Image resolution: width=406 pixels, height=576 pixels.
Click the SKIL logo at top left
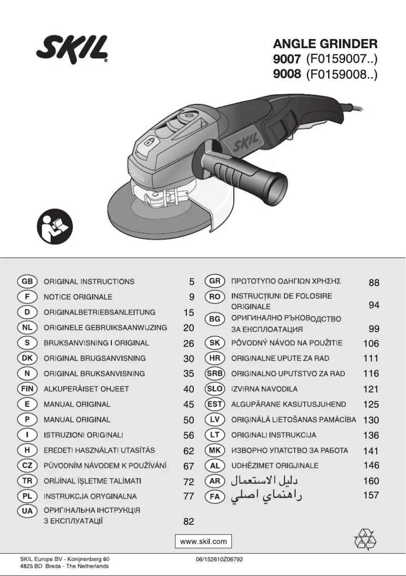click(72, 49)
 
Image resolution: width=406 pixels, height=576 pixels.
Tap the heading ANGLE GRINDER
click(325, 44)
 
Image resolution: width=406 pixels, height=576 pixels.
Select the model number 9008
click(287, 76)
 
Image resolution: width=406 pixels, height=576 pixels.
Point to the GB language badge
click(27, 281)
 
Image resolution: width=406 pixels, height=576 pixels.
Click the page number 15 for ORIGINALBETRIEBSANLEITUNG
click(188, 312)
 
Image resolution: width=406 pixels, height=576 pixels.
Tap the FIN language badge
click(27, 389)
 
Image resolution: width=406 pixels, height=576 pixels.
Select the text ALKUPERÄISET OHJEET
click(86, 389)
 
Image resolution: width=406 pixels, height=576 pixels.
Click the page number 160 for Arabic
click(371, 481)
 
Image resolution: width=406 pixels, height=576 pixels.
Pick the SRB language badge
click(215, 374)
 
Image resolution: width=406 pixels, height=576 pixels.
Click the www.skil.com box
click(204, 541)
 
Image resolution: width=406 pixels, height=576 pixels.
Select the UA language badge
click(27, 511)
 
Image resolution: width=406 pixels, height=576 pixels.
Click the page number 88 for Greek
click(374, 283)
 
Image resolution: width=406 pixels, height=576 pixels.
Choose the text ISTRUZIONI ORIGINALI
click(84, 435)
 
